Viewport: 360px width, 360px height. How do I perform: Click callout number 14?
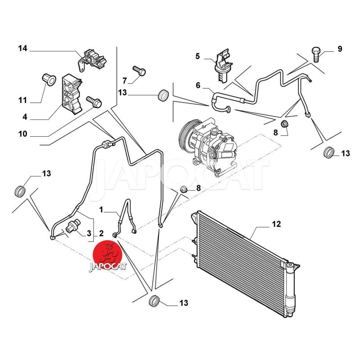22,48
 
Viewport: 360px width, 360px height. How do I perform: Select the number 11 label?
22,100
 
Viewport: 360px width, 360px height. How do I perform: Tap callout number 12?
276,224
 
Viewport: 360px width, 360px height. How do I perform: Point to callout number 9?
340,49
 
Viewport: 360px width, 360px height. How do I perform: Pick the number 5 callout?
197,56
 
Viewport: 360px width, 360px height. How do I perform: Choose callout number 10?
22,134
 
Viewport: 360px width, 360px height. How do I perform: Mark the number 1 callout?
102,209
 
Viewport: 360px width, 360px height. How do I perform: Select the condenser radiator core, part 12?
238,265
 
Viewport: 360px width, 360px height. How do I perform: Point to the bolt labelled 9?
316,54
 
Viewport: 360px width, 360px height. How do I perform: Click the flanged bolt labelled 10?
94,102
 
